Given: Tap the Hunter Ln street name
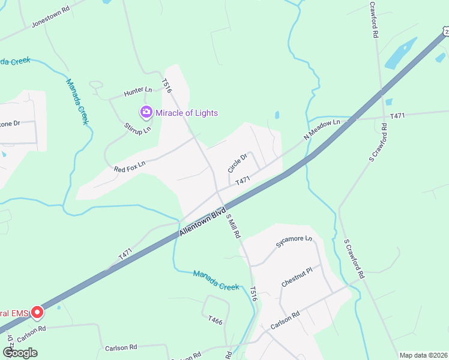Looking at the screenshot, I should coord(138,91).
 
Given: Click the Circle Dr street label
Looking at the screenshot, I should coord(238,163).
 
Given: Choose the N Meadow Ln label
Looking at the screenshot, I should coord(322,130).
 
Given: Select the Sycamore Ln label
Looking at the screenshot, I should coord(294,241).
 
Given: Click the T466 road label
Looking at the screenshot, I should coord(215,322).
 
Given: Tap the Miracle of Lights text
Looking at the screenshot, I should coord(187,113).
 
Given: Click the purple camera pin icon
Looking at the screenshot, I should coord(146,112).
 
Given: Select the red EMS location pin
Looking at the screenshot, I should coord(37,312).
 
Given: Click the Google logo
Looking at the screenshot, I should coord(20,353).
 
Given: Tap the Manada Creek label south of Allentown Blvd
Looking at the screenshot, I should coord(216,281).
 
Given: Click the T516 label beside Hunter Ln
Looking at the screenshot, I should coord(167,86).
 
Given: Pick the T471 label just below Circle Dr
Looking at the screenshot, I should coord(243,181).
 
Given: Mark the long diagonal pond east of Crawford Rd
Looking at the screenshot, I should coord(400,53).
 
